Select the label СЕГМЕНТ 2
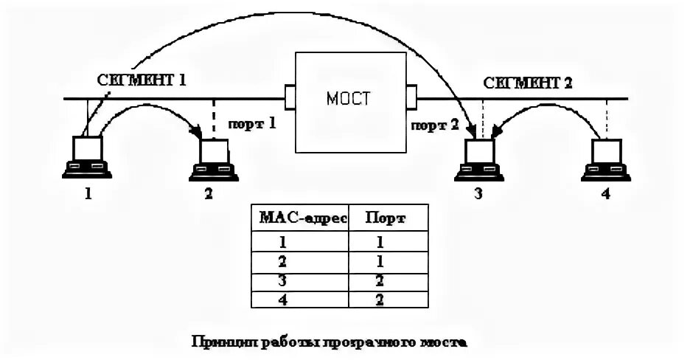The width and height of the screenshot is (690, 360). click(528, 82)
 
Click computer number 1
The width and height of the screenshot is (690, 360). click(86, 157)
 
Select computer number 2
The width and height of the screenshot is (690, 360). click(213, 159)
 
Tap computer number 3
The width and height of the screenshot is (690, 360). click(478, 159)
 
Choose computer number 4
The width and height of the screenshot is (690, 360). click(606, 159)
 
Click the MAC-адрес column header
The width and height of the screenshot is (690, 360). click(299, 218)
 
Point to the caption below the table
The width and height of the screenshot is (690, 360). click(330, 342)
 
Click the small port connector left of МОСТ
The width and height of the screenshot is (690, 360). click(289, 96)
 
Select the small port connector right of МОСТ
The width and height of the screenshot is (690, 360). click(411, 96)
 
